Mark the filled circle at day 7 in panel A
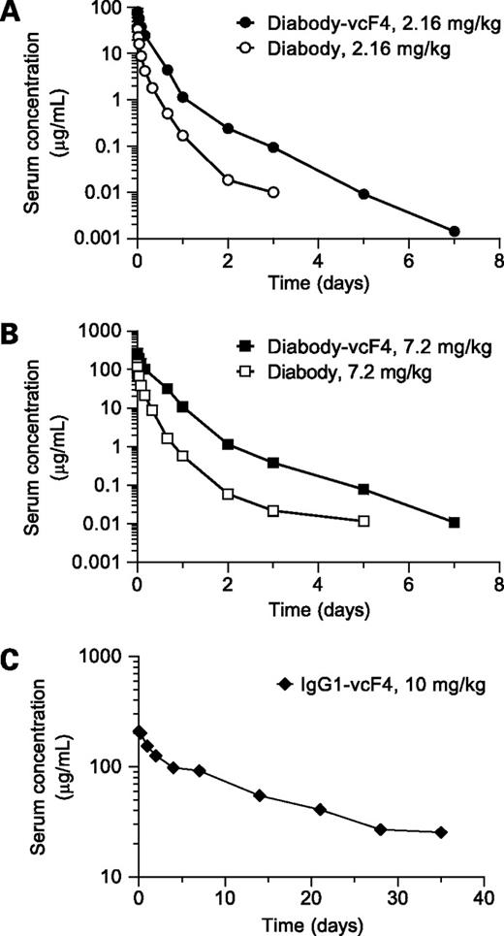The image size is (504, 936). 454,231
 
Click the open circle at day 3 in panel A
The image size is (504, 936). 273,192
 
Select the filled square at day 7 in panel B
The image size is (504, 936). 454,523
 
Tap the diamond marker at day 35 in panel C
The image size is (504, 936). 441,832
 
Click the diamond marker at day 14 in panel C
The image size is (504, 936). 260,795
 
